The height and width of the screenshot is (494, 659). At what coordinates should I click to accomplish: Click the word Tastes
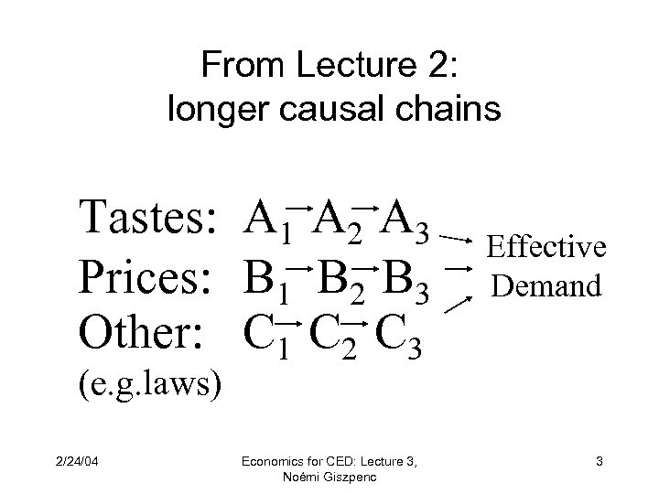pos(147,220)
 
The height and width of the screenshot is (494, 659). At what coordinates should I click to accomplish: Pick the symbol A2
pos(336,222)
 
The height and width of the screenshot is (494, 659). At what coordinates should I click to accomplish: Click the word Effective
pos(546,247)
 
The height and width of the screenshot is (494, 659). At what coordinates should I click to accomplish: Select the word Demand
pos(546,286)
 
